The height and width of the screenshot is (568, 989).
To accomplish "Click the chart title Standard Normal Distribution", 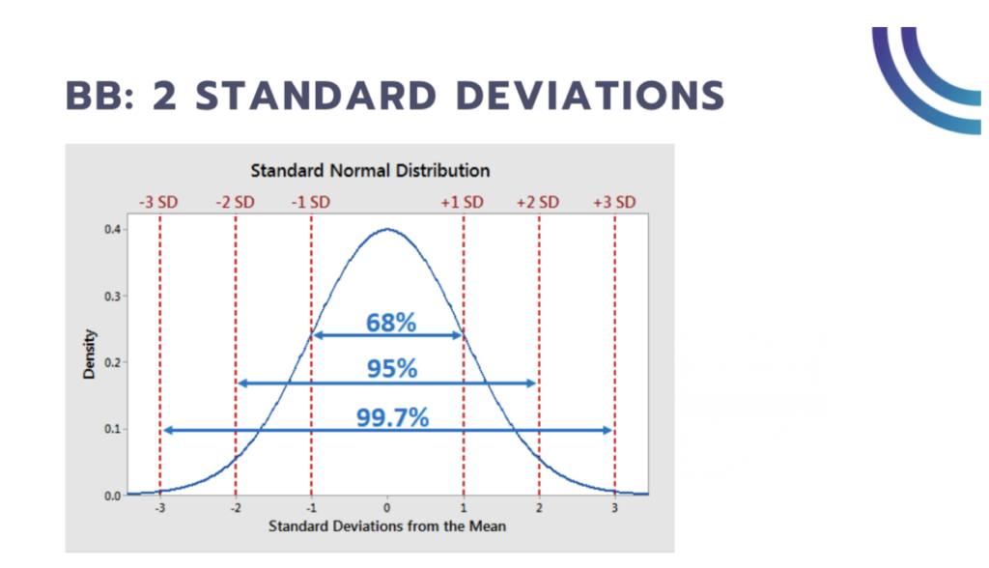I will click(x=370, y=171).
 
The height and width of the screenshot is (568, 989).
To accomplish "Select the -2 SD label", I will click(x=235, y=202).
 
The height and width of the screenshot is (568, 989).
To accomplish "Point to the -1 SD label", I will click(x=310, y=202).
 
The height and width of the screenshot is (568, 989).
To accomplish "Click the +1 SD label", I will click(x=463, y=202).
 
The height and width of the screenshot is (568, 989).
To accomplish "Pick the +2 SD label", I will click(x=538, y=202).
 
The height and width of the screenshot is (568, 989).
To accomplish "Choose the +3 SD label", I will click(x=614, y=202).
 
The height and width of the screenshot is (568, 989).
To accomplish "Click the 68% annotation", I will click(x=390, y=323).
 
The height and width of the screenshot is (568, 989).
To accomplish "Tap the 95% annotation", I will click(x=390, y=369).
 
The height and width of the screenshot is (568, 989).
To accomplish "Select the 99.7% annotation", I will click(x=390, y=416).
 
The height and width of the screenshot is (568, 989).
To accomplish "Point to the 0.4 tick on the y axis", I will click(x=113, y=229).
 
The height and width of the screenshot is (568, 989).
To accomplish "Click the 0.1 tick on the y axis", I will click(x=113, y=429).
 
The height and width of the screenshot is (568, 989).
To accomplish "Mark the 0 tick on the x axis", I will click(x=386, y=508).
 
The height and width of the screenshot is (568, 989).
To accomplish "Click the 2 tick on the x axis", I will click(x=539, y=508).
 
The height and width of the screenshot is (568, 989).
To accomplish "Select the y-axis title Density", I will click(x=90, y=355).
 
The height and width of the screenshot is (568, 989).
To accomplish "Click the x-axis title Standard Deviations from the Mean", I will click(x=386, y=526).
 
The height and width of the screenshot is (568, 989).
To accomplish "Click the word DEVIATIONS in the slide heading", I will click(x=564, y=96).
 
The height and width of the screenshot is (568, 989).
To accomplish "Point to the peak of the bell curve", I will click(x=386, y=229).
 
